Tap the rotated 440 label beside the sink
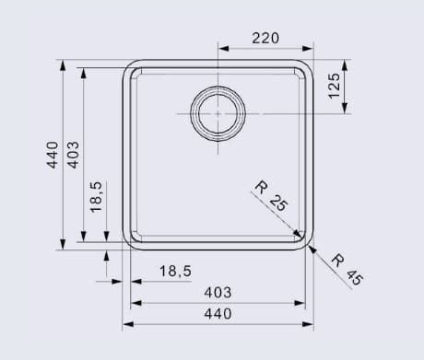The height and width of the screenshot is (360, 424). point(53,154)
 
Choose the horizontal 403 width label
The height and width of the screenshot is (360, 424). point(217,292)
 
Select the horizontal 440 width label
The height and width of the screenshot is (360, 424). point(217,314)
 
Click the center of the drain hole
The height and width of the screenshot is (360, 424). point(218,112)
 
